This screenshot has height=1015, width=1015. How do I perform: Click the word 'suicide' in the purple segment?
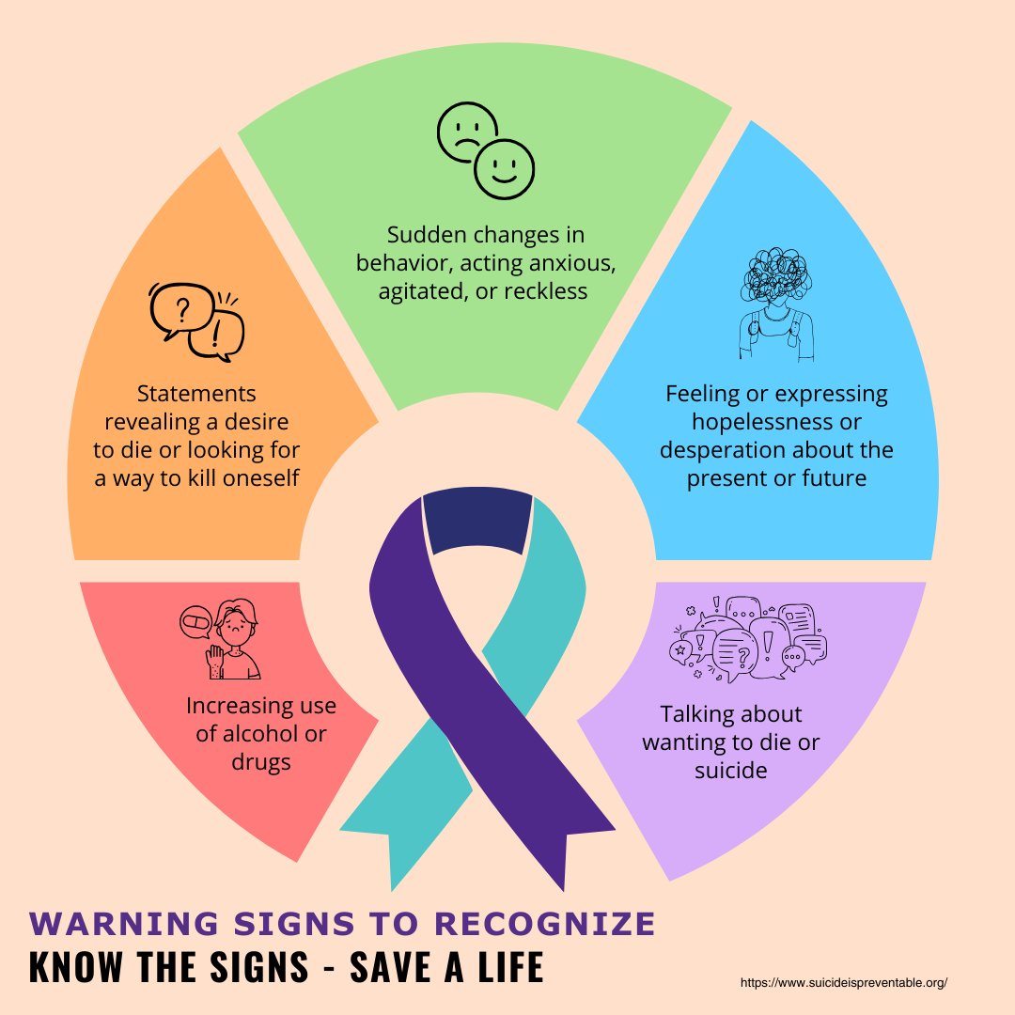pos(731,771)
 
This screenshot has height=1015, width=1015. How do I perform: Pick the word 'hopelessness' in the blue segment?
pos(776,422)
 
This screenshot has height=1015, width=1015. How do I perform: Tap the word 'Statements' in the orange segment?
pos(196,392)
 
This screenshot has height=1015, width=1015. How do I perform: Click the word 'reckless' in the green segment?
pos(546,291)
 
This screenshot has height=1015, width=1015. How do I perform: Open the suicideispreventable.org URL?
pos(844,982)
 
